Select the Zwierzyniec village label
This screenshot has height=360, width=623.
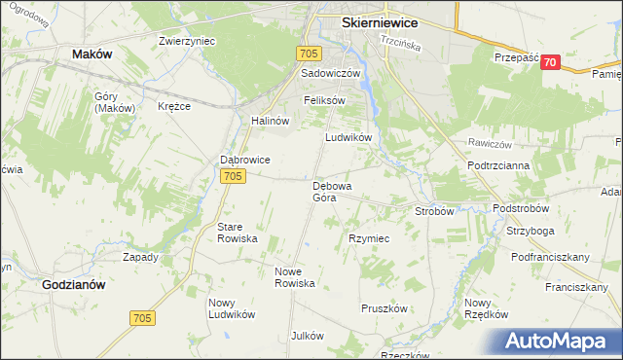coord(187,42)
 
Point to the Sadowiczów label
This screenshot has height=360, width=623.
coord(331,74)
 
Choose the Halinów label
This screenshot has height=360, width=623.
coord(272,121)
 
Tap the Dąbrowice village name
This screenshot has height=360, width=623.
coord(244,161)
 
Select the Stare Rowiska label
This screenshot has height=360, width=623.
coord(237,233)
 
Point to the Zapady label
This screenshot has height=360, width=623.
coord(140,258)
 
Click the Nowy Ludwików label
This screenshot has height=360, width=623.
coord(232,308)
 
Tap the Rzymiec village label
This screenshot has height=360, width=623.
coord(369,238)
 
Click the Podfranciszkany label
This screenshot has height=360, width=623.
coord(552,257)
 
